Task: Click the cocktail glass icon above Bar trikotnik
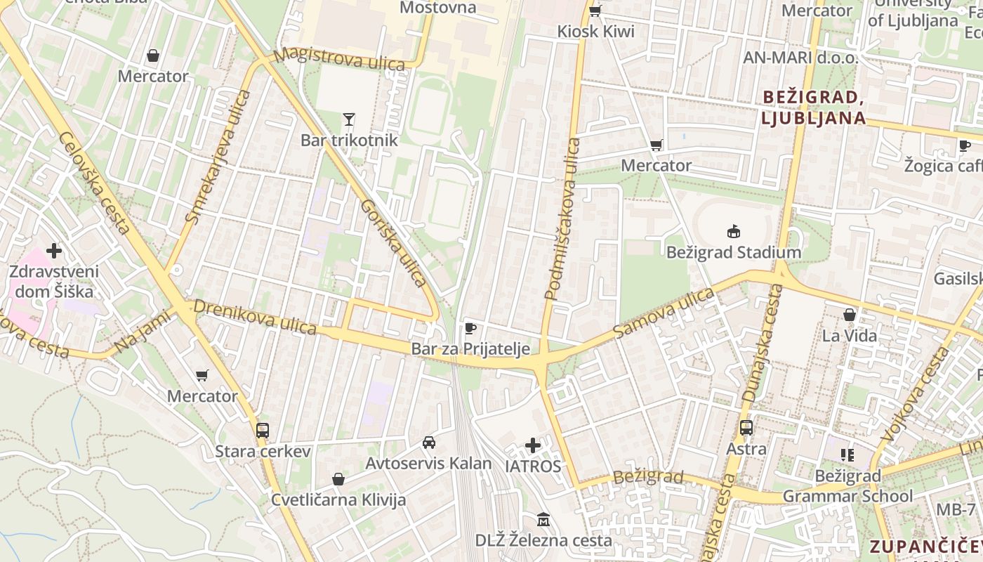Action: click(349, 119)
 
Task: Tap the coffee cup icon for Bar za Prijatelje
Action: click(470, 328)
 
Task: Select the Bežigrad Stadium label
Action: click(734, 252)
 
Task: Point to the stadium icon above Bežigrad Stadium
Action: click(734, 231)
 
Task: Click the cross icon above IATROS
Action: click(533, 445)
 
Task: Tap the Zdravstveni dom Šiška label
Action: click(54, 281)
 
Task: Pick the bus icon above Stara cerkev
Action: click(263, 430)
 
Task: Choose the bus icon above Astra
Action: click(746, 427)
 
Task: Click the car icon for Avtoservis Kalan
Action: click(428, 443)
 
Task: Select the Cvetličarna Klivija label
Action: click(338, 500)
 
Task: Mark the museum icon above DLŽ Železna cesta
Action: click(543, 520)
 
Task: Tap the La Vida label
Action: click(850, 336)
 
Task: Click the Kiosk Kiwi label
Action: click(595, 31)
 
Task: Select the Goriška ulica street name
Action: click(393, 243)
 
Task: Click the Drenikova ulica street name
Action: click(256, 317)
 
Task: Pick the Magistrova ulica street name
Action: click(340, 59)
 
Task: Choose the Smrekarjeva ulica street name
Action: click(218, 157)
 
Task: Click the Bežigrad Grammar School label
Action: click(847, 486)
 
